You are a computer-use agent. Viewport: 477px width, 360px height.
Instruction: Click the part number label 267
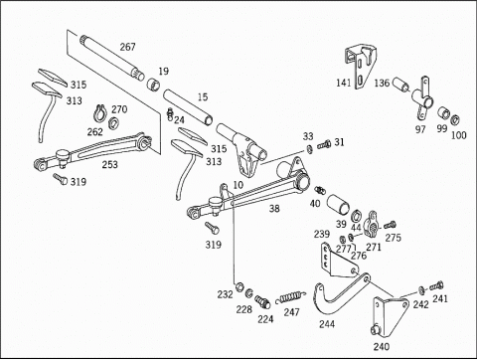tap(127, 47)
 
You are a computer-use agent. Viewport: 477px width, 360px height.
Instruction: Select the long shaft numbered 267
tap(112, 59)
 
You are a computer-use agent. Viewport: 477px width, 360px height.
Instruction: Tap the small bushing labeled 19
tap(153, 84)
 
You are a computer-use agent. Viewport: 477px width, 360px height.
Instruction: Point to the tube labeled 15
tap(188, 107)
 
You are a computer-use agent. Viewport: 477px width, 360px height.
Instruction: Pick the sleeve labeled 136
tap(401, 85)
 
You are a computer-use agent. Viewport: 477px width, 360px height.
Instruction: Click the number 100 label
tap(459, 135)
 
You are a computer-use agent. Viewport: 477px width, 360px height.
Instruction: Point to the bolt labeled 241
tap(436, 285)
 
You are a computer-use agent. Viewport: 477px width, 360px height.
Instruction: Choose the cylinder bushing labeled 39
tap(338, 205)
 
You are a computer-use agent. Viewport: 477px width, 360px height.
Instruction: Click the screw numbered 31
tap(324, 145)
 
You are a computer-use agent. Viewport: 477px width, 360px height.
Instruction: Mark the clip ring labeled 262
tap(99, 112)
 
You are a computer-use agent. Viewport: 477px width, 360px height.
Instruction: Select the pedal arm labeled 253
tap(92, 151)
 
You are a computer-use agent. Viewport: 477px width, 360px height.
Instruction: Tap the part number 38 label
tap(274, 208)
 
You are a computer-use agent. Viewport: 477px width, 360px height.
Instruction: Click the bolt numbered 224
tap(262, 302)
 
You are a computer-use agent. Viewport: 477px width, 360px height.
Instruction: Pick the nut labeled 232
tap(238, 286)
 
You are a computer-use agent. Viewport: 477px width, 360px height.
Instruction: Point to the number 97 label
tap(420, 129)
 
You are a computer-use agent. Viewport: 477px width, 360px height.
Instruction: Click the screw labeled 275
tap(390, 226)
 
